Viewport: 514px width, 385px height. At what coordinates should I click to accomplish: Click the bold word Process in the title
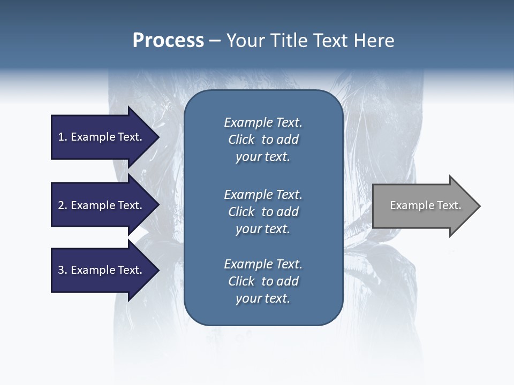(x=168, y=41)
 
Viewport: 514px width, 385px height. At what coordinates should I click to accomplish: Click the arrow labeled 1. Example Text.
(x=102, y=137)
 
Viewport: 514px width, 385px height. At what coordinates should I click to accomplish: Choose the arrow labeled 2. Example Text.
(x=102, y=205)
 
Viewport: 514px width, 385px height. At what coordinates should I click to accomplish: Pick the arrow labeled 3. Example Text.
(x=102, y=270)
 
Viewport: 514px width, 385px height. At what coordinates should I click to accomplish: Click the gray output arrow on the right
(x=423, y=205)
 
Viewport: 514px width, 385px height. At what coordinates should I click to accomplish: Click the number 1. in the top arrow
(x=63, y=137)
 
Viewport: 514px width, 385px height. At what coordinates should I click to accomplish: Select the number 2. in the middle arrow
(x=63, y=205)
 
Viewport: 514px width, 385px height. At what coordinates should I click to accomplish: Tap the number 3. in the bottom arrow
(x=63, y=270)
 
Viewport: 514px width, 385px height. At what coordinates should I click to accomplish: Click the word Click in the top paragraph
(x=241, y=140)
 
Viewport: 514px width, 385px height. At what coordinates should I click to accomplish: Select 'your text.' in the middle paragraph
(x=263, y=229)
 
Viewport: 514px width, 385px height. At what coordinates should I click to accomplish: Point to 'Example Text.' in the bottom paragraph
(x=263, y=264)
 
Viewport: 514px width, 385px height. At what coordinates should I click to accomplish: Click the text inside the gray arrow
(x=425, y=205)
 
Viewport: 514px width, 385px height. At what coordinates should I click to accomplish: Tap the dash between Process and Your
(x=215, y=41)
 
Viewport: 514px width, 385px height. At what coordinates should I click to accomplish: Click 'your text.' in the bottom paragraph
(x=263, y=298)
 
